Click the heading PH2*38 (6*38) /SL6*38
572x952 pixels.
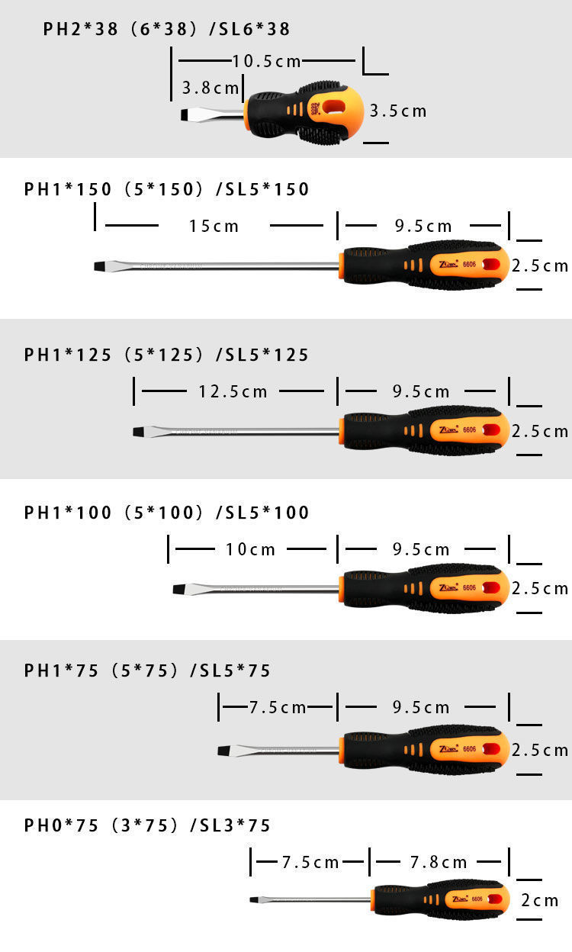pos(166,30)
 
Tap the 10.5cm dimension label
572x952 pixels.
pos(266,61)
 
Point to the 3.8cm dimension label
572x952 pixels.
pos(210,88)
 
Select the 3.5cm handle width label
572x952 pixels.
pos(398,111)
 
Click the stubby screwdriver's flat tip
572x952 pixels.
pos(185,115)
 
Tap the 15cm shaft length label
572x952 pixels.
pos(214,226)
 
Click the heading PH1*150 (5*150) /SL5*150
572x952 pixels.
pos(166,189)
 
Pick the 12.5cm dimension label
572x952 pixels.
pos(233,391)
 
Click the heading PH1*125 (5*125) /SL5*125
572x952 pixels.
pos(166,355)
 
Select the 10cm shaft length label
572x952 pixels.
pos(250,549)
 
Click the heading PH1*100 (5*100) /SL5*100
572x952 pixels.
pos(166,513)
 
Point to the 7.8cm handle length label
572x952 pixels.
pos(439,863)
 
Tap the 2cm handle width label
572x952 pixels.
pos(540,901)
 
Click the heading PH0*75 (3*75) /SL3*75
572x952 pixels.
pos(147,825)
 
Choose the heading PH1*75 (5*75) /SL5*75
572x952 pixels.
pos(147,671)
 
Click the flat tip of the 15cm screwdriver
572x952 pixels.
pos(100,265)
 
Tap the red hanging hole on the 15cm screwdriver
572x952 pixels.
pos(492,265)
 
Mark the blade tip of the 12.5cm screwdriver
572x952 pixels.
pos(139,432)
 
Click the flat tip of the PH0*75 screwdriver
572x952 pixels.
pos(254,900)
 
